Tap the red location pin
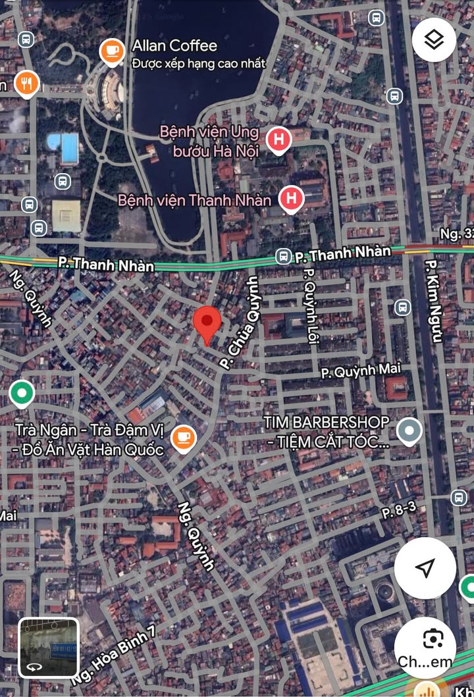(207, 323)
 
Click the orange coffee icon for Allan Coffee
(112, 51)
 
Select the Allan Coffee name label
(174, 45)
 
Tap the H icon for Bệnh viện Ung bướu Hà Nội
(279, 140)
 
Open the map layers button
(434, 39)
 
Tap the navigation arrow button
(425, 567)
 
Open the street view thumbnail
(48, 647)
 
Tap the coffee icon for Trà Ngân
(183, 438)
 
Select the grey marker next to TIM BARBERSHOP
(409, 431)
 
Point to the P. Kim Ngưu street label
(433, 300)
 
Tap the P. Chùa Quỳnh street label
(240, 323)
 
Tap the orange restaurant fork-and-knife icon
(27, 83)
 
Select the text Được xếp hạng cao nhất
(198, 64)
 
